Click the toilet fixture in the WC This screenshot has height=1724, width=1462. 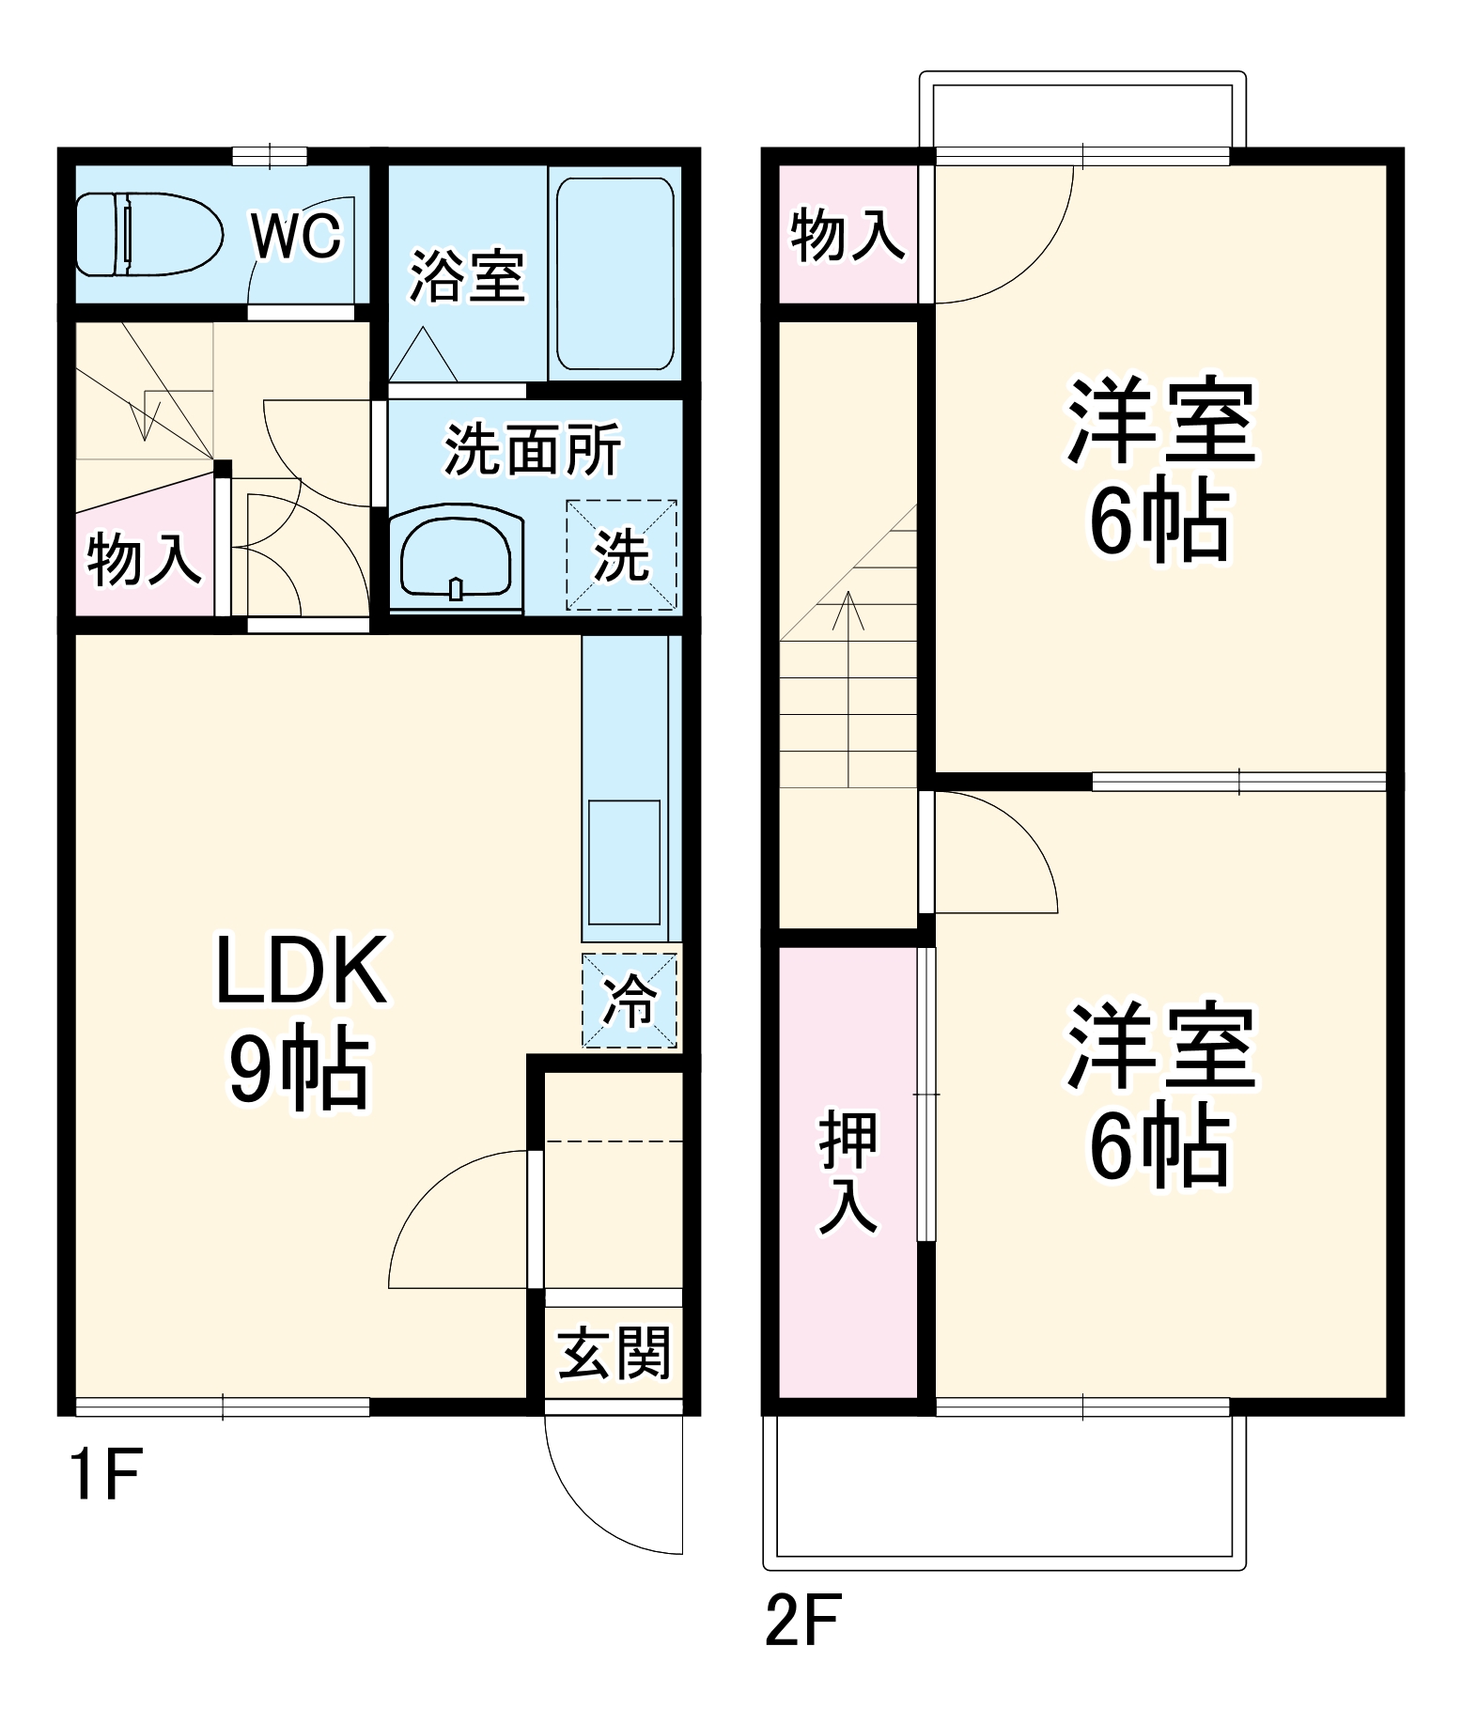148,234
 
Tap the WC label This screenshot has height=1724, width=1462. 296,235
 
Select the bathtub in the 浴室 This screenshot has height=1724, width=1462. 615,274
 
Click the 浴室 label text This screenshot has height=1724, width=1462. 467,276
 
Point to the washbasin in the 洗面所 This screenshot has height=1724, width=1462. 456,556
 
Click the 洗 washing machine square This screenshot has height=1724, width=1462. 621,555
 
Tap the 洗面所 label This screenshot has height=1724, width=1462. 533,450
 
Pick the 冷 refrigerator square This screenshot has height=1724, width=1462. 630,1000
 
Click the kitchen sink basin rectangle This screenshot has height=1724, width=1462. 624,862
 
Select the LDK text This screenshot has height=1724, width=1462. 302,971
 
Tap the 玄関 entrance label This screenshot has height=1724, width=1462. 614,1353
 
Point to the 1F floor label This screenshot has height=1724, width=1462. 105,1474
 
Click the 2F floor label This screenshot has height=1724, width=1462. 803,1619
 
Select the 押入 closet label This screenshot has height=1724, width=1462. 848,1171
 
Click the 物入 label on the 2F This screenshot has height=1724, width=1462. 848,235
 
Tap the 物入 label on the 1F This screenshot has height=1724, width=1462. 144,559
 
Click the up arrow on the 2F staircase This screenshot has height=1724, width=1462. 848,611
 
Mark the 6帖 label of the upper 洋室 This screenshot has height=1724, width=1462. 1159,520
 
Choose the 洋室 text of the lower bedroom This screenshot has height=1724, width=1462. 1161,1048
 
